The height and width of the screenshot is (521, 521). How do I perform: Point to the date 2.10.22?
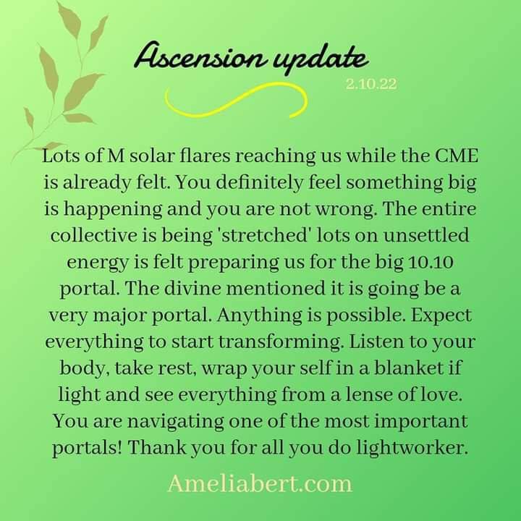(x=371, y=84)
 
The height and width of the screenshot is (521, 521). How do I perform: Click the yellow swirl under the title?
(x=235, y=100)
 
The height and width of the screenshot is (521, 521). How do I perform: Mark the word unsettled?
(x=426, y=235)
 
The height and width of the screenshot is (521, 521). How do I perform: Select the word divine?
(x=192, y=288)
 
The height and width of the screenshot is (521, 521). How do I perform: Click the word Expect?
(x=441, y=315)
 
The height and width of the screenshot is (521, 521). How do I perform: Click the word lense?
(x=370, y=394)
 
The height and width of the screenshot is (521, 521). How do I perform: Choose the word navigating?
(x=176, y=422)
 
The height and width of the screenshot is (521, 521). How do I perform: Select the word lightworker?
(x=412, y=448)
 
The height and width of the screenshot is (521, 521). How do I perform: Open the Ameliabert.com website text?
(x=260, y=484)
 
